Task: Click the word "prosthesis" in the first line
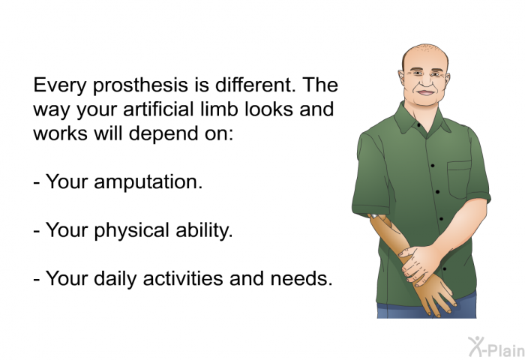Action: (x=141, y=85)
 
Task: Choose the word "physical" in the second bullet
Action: (x=131, y=231)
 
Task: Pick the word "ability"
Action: (x=202, y=231)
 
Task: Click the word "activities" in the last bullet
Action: (x=182, y=278)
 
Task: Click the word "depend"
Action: (x=164, y=134)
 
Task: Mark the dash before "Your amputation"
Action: (x=37, y=184)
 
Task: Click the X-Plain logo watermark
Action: (x=496, y=346)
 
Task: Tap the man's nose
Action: (x=425, y=80)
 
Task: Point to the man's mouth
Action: (x=425, y=93)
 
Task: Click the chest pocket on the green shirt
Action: (x=460, y=179)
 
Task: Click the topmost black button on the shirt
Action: (x=418, y=125)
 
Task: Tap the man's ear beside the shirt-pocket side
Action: (x=447, y=79)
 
